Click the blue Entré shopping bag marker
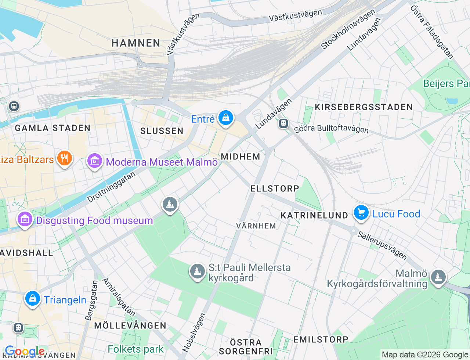[x=226, y=118]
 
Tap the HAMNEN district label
[x=136, y=43]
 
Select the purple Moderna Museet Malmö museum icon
[x=95, y=161]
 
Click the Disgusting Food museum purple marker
[x=25, y=219]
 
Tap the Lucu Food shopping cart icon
[x=361, y=212]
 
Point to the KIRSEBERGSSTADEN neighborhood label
[x=364, y=107]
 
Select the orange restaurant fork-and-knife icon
[x=65, y=158]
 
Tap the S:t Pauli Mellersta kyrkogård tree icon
[x=197, y=271]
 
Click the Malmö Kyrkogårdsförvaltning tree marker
[x=438, y=277]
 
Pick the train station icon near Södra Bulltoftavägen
[x=283, y=123]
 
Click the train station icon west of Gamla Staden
[x=14, y=106]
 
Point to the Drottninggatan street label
[x=111, y=187]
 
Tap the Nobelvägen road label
[x=194, y=332]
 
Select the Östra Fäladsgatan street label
[x=432, y=32]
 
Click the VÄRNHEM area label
[x=256, y=226]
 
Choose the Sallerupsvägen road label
[x=382, y=245]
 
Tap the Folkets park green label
[x=135, y=349]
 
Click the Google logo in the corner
[x=24, y=351]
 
